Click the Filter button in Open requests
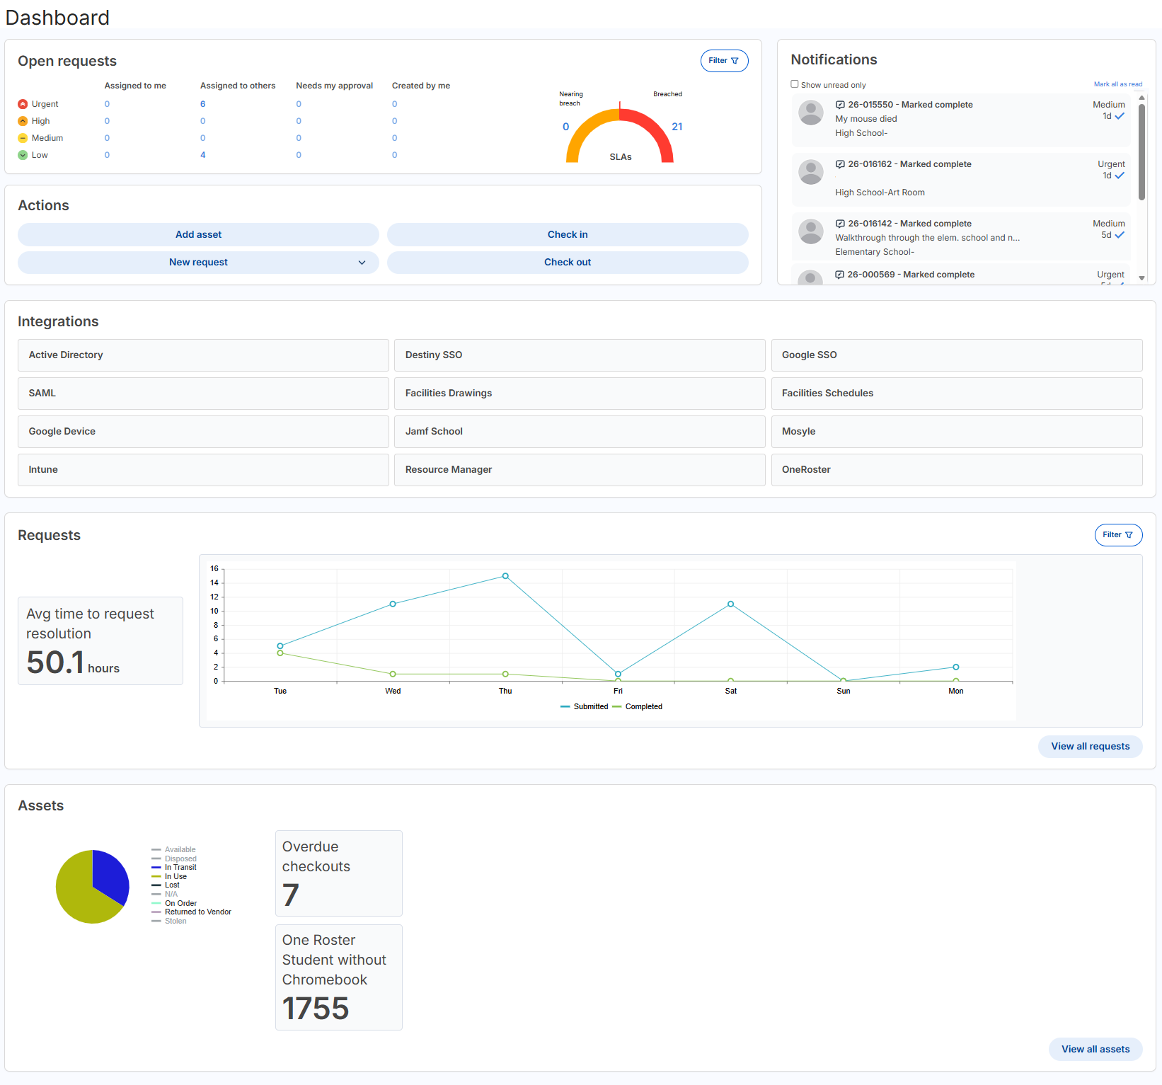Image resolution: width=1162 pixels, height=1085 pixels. point(724,61)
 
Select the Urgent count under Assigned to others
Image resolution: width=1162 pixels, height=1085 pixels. point(202,104)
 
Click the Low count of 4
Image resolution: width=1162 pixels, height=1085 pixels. point(202,155)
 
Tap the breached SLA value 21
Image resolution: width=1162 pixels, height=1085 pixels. point(677,127)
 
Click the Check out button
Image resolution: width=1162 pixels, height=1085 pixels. point(567,262)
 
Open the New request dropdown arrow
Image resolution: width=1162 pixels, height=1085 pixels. point(362,263)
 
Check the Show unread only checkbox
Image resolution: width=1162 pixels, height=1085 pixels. point(795,84)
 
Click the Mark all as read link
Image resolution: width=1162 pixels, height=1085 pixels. point(1117,84)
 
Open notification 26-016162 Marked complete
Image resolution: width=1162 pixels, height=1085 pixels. point(909,164)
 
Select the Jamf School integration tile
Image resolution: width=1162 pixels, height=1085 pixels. point(579,431)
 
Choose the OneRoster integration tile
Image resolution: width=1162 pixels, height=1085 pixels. point(956,469)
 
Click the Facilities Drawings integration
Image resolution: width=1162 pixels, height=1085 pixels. point(579,393)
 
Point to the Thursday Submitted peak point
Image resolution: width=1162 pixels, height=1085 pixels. point(505,576)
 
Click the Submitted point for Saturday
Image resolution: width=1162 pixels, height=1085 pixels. point(730,604)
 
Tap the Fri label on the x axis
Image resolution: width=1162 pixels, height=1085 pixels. point(618,691)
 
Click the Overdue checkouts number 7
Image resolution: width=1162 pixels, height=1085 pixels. point(291,895)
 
